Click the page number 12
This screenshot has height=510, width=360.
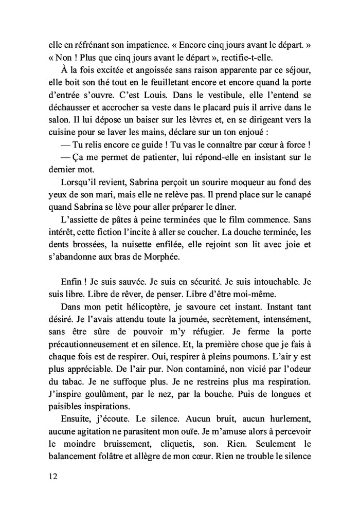tap(50, 476)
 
